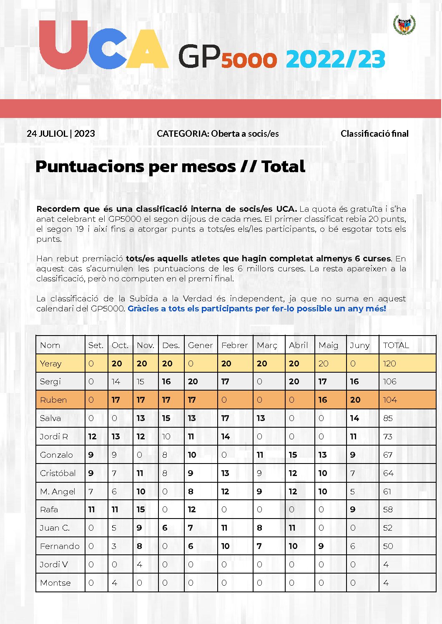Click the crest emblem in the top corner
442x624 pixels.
click(x=404, y=25)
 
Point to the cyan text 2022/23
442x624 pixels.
click(x=335, y=59)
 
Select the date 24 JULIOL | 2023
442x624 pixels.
click(x=61, y=134)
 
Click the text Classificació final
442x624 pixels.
click(x=374, y=134)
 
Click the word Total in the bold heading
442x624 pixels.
click(x=284, y=166)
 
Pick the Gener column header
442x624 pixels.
click(x=200, y=345)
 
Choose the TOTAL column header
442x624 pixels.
click(x=396, y=345)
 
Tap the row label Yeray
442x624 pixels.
click(x=51, y=363)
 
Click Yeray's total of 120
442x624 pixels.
click(x=389, y=363)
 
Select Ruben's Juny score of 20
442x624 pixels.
click(x=355, y=400)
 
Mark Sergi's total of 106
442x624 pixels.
click(x=389, y=381)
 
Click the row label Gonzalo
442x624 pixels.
click(x=56, y=455)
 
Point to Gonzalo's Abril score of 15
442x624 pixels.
click(x=293, y=455)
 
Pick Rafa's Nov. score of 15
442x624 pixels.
click(x=141, y=509)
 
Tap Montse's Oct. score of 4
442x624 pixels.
click(x=114, y=583)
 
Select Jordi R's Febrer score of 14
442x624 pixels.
click(x=226, y=436)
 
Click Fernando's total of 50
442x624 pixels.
click(x=388, y=546)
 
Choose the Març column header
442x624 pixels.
click(x=267, y=345)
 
